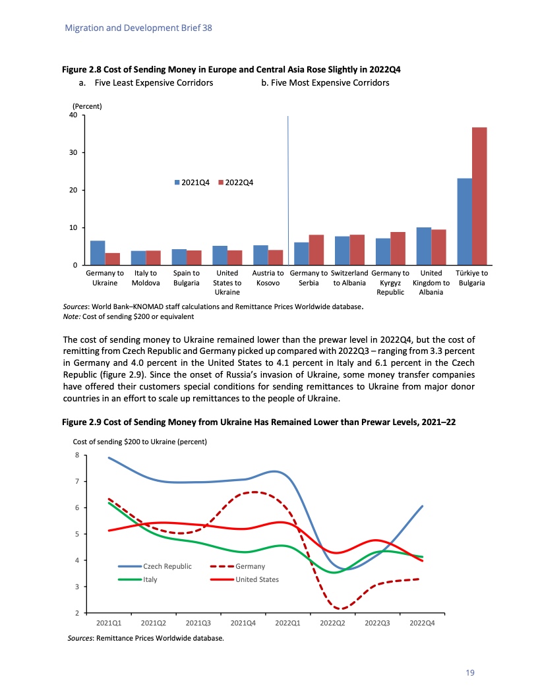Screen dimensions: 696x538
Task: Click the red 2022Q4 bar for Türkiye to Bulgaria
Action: pyautogui.click(x=479, y=196)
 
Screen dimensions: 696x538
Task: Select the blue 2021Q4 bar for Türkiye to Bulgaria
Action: pyautogui.click(x=464, y=221)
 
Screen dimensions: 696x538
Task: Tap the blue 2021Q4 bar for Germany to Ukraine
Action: pyautogui.click(x=98, y=252)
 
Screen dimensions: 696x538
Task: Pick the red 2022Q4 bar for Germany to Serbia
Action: pyautogui.click(x=316, y=250)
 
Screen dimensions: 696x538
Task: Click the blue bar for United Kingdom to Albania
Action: pyautogui.click(x=423, y=246)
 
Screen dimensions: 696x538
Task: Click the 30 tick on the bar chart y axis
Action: pyautogui.click(x=73, y=153)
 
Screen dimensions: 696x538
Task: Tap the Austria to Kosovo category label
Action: pyautogui.click(x=268, y=277)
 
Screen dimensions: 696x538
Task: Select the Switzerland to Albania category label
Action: pyautogui.click(x=349, y=277)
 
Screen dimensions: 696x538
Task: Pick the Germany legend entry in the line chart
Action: pyautogui.click(x=250, y=566)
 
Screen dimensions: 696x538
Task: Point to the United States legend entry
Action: pyautogui.click(x=256, y=579)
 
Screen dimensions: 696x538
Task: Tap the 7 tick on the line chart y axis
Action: pyautogui.click(x=77, y=482)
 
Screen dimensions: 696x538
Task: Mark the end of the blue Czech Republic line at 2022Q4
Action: pyautogui.click(x=422, y=506)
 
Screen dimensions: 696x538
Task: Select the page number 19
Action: pyautogui.click(x=469, y=672)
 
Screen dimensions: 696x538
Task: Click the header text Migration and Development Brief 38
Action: pyautogui.click(x=138, y=28)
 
